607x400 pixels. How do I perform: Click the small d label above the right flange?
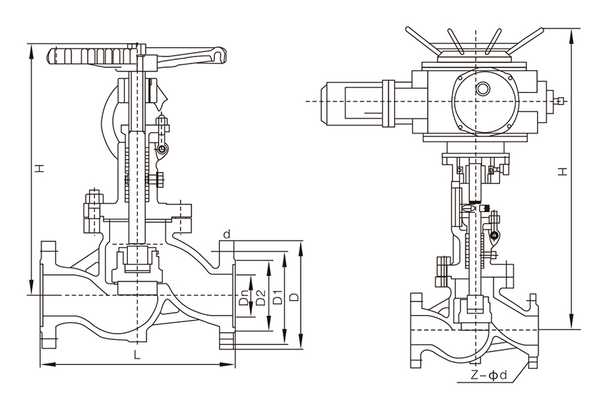pyautogui.click(x=226, y=234)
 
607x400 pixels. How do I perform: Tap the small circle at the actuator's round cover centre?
pyautogui.click(x=483, y=89)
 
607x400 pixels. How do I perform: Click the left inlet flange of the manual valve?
pyautogui.click(x=47, y=294)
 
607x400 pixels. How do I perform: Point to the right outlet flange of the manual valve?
pyautogui.click(x=227, y=294)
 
